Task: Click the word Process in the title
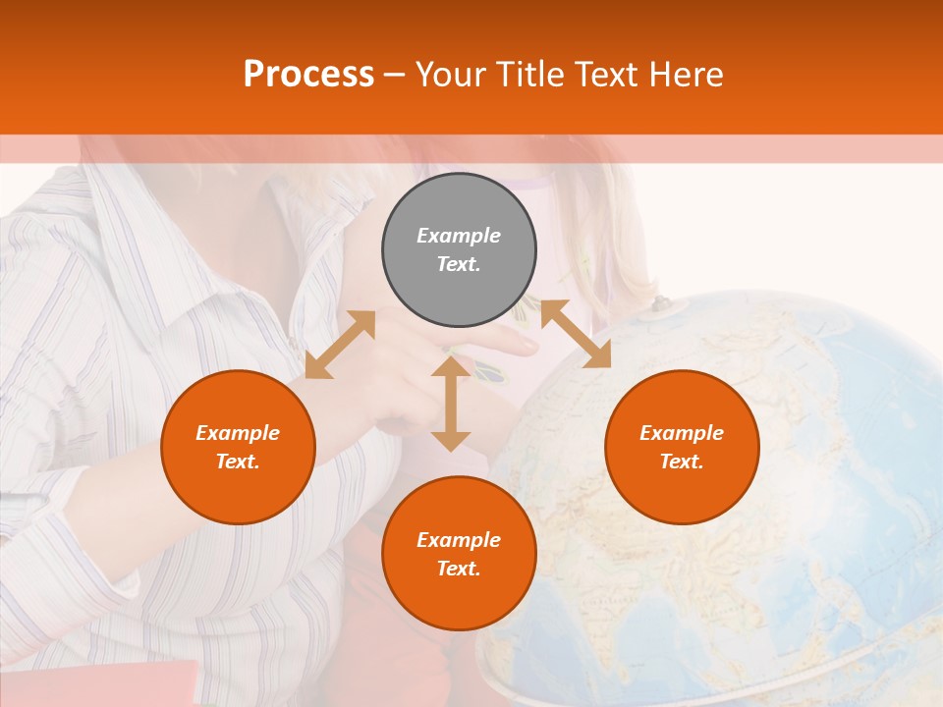pos(308,74)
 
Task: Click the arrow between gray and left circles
pos(340,345)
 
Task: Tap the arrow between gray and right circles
pos(576,334)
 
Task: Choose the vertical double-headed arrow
pos(451,404)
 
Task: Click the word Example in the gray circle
pos(459,236)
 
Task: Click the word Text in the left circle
pos(238,462)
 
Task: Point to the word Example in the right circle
pos(682,433)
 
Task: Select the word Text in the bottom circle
pos(459,569)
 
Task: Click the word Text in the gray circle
pos(459,264)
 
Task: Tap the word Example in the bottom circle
pos(459,540)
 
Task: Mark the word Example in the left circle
pos(238,433)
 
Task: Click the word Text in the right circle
pos(682,462)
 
